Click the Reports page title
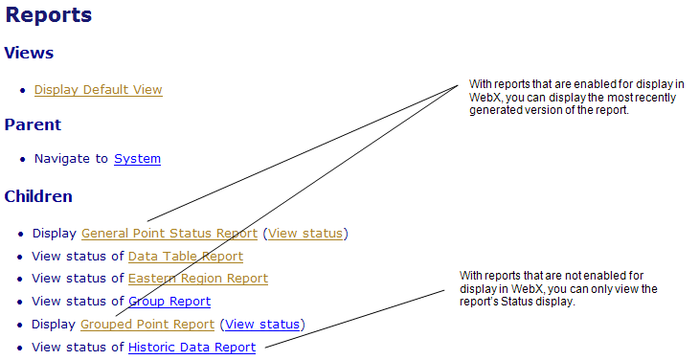48,15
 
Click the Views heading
29,53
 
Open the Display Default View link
98,90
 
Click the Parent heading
33,124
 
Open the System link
137,159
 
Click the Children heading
38,196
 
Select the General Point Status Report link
169,233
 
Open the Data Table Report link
185,256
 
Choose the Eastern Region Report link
197,279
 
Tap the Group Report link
169,302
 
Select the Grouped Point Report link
147,325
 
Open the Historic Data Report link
192,348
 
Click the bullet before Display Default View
22,91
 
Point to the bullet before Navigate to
22,160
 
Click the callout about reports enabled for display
578,119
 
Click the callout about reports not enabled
569,310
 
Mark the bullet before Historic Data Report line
21,349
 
